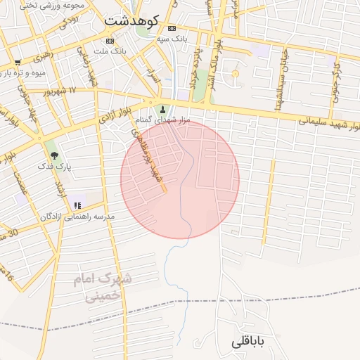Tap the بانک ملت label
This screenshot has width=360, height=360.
pyautogui.click(x=111, y=51)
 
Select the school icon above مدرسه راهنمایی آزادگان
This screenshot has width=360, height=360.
pyautogui.click(x=77, y=205)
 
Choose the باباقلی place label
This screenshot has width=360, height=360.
pyautogui.click(x=250, y=342)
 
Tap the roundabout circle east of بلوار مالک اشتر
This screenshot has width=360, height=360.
pyautogui.click(x=236, y=74)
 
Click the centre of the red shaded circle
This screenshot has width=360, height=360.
pyautogui.click(x=180, y=179)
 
